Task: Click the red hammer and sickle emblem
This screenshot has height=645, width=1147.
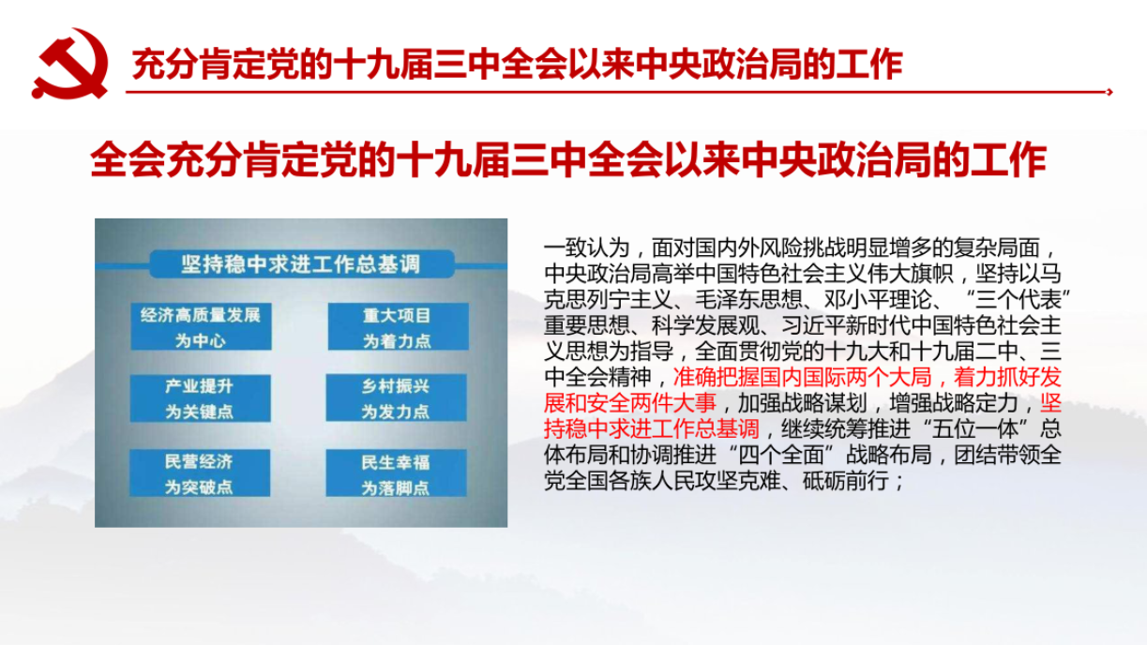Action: click(70, 64)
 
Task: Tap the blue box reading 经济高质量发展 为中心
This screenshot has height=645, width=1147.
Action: click(201, 326)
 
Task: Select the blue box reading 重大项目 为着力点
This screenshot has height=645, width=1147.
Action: click(398, 326)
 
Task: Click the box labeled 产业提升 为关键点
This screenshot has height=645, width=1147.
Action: click(200, 398)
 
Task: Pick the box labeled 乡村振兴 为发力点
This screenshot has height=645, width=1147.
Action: click(396, 398)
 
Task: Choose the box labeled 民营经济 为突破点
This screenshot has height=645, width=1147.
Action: click(200, 473)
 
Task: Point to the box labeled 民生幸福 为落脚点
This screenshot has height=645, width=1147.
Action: click(396, 473)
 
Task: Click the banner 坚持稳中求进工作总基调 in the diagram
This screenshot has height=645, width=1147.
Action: click(302, 264)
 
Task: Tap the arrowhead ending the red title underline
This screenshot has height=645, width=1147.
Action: click(1109, 92)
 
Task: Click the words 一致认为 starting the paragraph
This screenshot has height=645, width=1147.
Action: click(587, 248)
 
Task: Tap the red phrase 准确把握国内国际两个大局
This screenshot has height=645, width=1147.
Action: click(802, 377)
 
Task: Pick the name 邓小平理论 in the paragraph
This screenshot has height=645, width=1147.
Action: click(878, 300)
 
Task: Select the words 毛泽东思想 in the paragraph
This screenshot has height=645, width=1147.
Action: click(748, 300)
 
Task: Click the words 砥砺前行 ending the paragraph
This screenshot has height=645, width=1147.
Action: click(845, 481)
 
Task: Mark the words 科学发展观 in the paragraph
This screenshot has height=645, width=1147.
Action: click(705, 325)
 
